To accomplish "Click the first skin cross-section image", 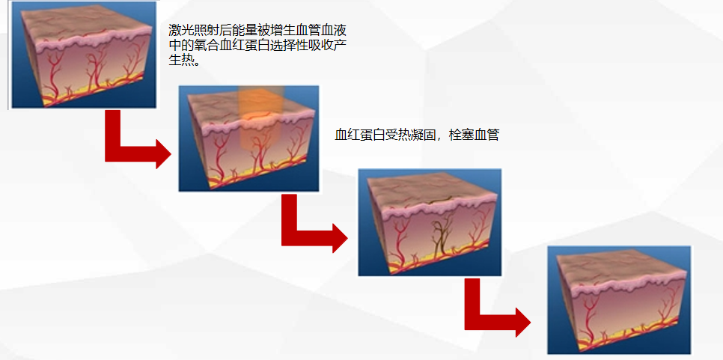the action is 84,55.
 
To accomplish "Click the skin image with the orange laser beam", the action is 249,138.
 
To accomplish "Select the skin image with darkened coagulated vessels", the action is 430,222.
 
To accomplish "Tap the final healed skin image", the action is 619,300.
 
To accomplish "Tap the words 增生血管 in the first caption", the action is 292,31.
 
